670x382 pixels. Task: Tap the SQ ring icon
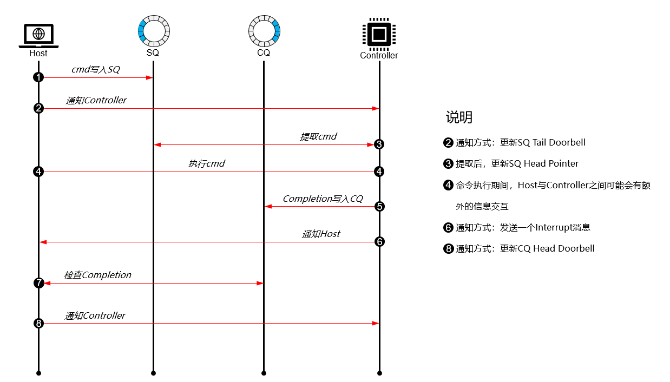(x=154, y=31)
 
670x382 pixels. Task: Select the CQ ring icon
(x=264, y=31)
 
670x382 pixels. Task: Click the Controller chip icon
(x=379, y=34)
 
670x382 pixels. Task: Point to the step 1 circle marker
(x=38, y=77)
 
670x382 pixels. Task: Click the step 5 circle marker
(x=379, y=206)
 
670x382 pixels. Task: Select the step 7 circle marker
(x=38, y=283)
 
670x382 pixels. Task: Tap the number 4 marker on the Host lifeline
(x=38, y=172)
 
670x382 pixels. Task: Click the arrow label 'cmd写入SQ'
(x=95, y=69)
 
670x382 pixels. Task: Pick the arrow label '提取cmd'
(x=318, y=136)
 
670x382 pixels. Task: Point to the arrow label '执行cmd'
(x=206, y=163)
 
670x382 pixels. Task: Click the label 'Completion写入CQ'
(x=323, y=199)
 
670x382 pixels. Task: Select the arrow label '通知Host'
(x=320, y=234)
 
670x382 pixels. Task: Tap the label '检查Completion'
(x=97, y=275)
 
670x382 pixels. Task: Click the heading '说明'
(x=458, y=117)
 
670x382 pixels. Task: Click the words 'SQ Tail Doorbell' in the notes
(x=551, y=143)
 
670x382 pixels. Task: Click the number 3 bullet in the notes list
(x=448, y=164)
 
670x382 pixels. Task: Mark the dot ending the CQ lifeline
(x=264, y=373)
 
